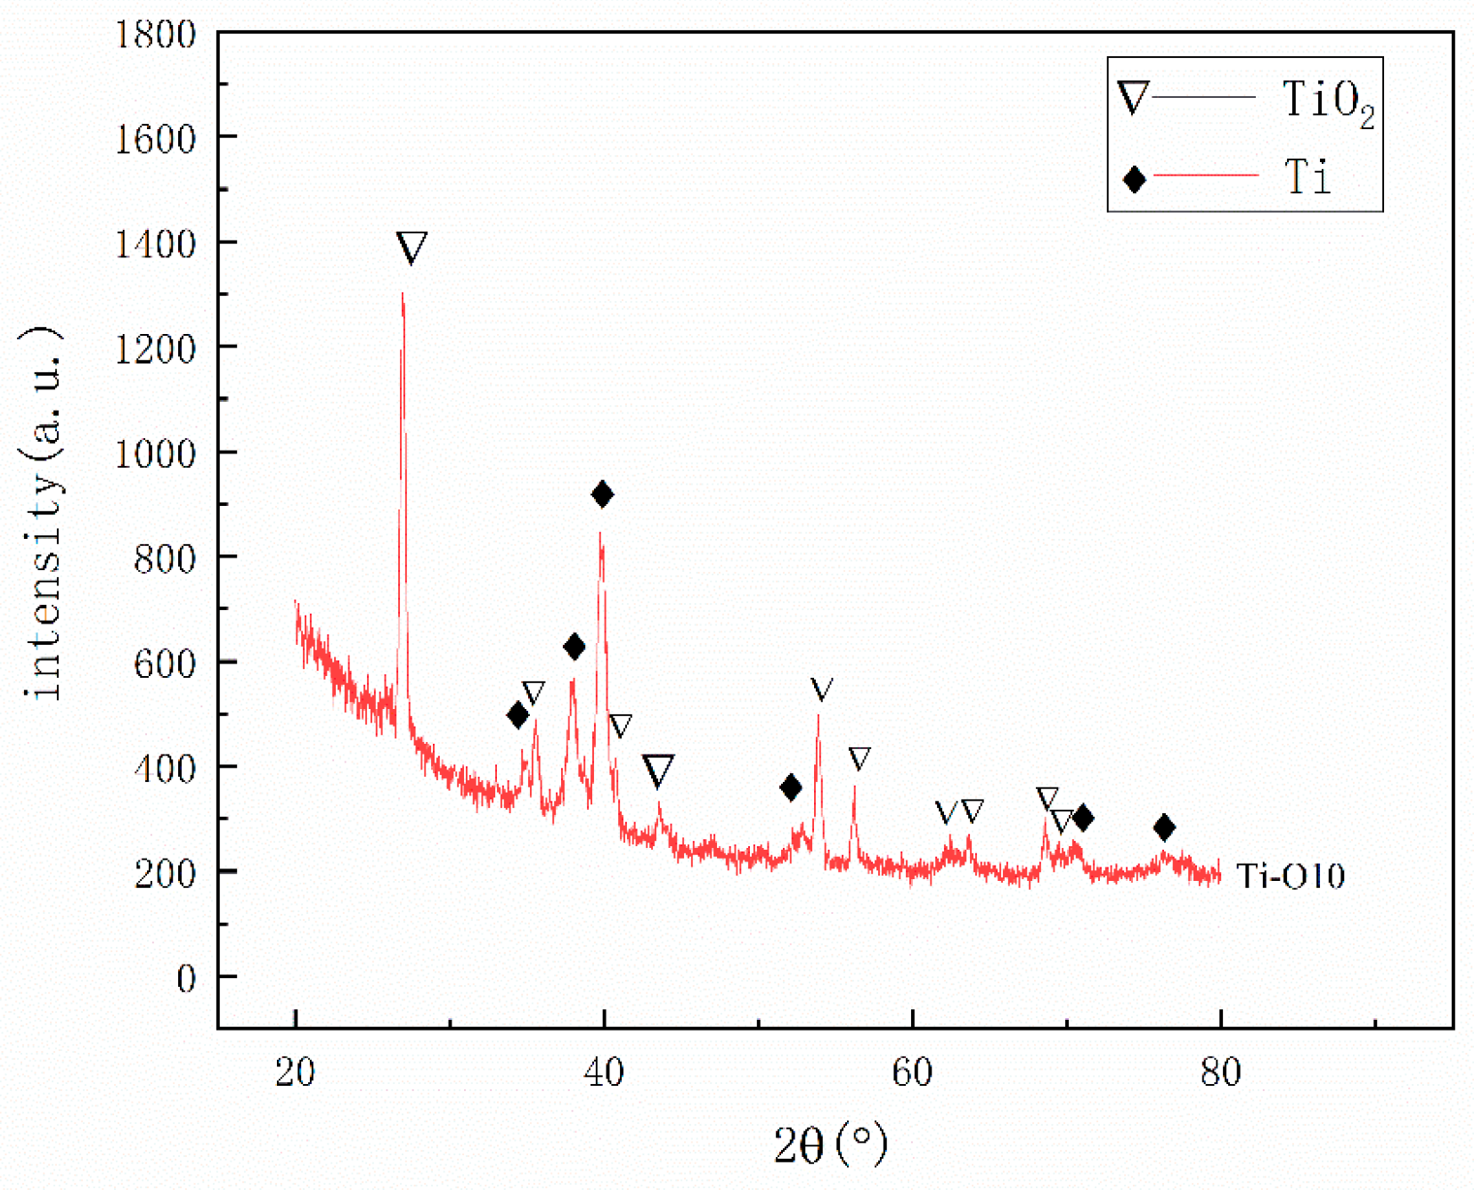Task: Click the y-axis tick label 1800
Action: pyautogui.click(x=155, y=35)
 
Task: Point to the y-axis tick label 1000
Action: pyautogui.click(x=155, y=453)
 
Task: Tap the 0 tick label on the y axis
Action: pyautogui.click(x=186, y=979)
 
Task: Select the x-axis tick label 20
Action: pyautogui.click(x=295, y=1072)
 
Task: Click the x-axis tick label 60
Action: pyautogui.click(x=912, y=1072)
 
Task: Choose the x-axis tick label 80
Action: pyautogui.click(x=1220, y=1072)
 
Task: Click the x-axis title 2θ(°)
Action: pyautogui.click(x=830, y=1145)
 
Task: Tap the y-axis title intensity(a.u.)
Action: pyautogui.click(x=42, y=513)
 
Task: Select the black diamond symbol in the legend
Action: pyautogui.click(x=1134, y=180)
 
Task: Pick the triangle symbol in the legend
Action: pyautogui.click(x=1133, y=97)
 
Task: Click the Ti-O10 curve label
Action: pyautogui.click(x=1291, y=876)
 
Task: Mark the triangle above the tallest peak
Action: pyautogui.click(x=411, y=247)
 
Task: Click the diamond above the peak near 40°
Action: pyautogui.click(x=602, y=494)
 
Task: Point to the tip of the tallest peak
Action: pyautogui.click(x=403, y=294)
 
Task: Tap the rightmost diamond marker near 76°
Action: pyautogui.click(x=1164, y=827)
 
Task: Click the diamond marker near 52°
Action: pyautogui.click(x=790, y=787)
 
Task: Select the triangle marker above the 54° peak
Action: pyautogui.click(x=821, y=689)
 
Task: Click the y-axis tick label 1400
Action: pyautogui.click(x=155, y=244)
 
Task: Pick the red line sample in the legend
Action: pyautogui.click(x=1205, y=176)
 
